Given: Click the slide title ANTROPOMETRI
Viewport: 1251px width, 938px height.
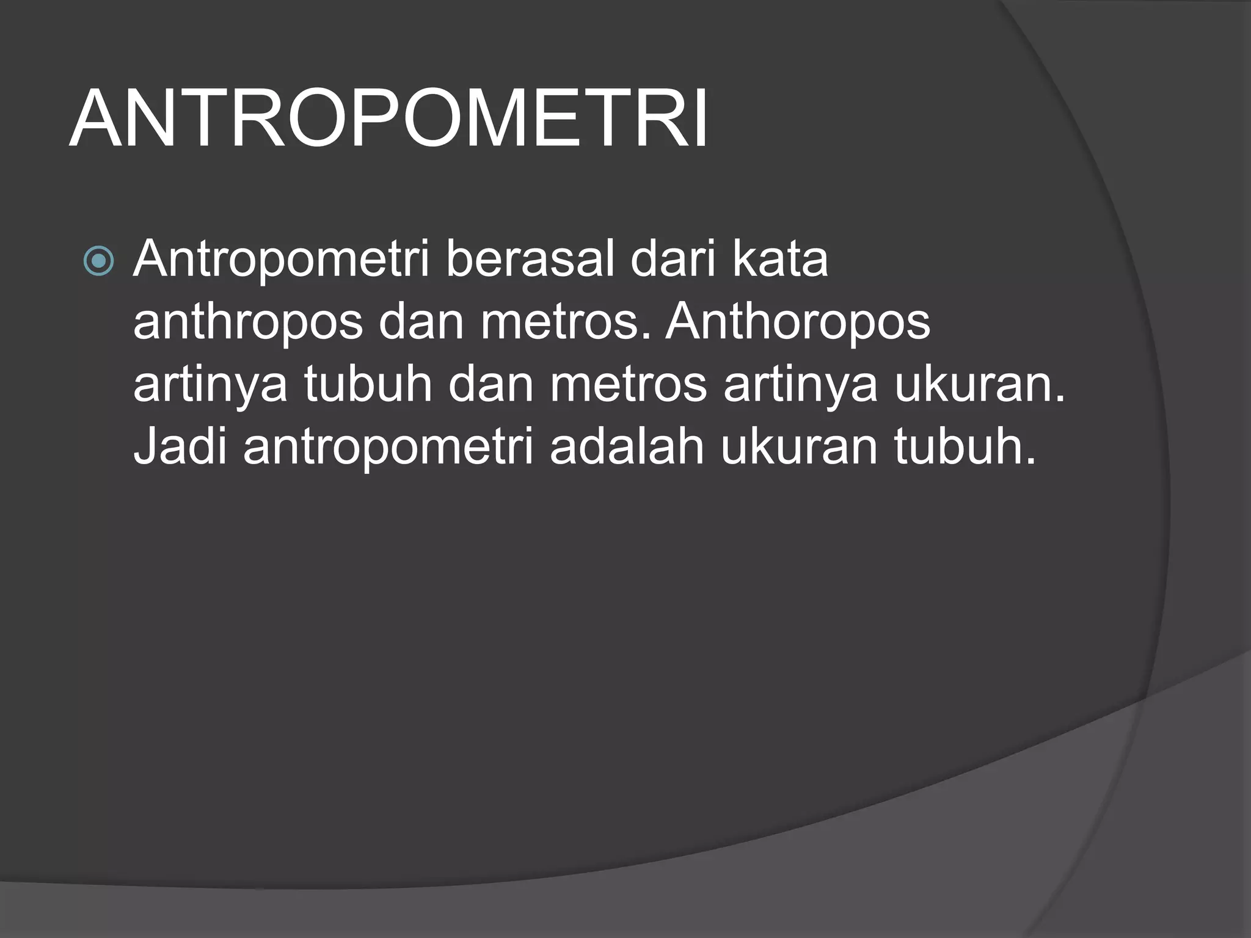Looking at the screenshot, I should [388, 120].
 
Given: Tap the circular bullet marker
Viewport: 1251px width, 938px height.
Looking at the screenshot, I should [98, 261].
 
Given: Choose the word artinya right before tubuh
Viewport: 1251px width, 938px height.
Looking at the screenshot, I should [210, 386].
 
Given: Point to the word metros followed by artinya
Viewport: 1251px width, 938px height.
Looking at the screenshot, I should [629, 386].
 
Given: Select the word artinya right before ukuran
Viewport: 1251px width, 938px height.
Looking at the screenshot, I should [801, 386].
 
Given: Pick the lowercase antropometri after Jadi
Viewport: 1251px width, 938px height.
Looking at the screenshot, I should [388, 448].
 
